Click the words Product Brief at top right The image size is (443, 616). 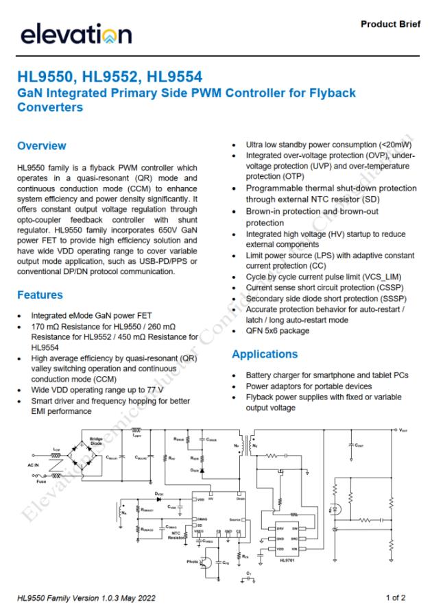pos(391,25)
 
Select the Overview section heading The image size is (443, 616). pos(41,146)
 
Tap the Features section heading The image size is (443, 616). pos(40,295)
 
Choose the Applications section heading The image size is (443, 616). pos(265,354)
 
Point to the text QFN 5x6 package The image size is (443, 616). pos(278,331)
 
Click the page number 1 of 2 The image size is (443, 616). pos(396,597)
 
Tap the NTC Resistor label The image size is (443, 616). pos(178,535)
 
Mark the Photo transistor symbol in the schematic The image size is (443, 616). pos(203,562)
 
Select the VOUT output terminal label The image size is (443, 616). pos(404,431)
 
